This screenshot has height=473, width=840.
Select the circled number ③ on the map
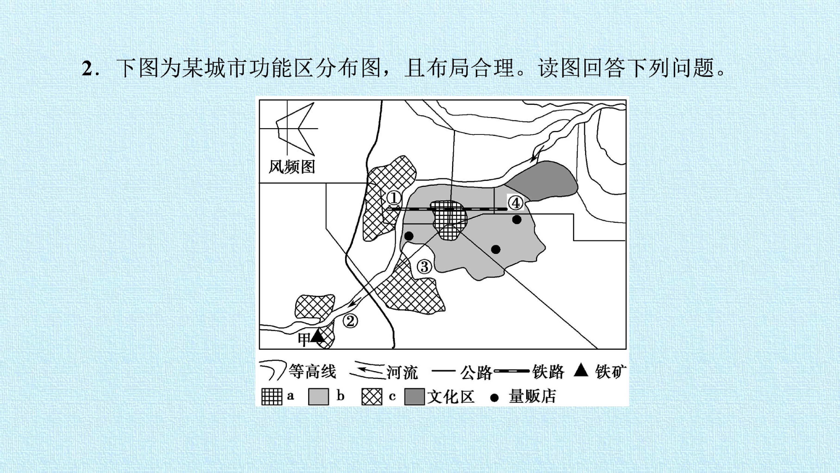(424, 267)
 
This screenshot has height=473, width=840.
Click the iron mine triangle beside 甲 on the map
(317, 336)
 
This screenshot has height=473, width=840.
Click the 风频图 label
(292, 167)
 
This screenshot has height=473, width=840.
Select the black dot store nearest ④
(517, 220)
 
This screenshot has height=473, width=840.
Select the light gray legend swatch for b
(318, 397)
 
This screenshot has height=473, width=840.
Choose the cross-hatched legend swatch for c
(372, 397)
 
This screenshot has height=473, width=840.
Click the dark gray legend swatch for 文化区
(415, 397)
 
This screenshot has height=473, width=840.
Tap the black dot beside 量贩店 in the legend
(495, 398)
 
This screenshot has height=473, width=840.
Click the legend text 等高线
(312, 371)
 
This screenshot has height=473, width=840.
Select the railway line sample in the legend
(511, 371)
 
